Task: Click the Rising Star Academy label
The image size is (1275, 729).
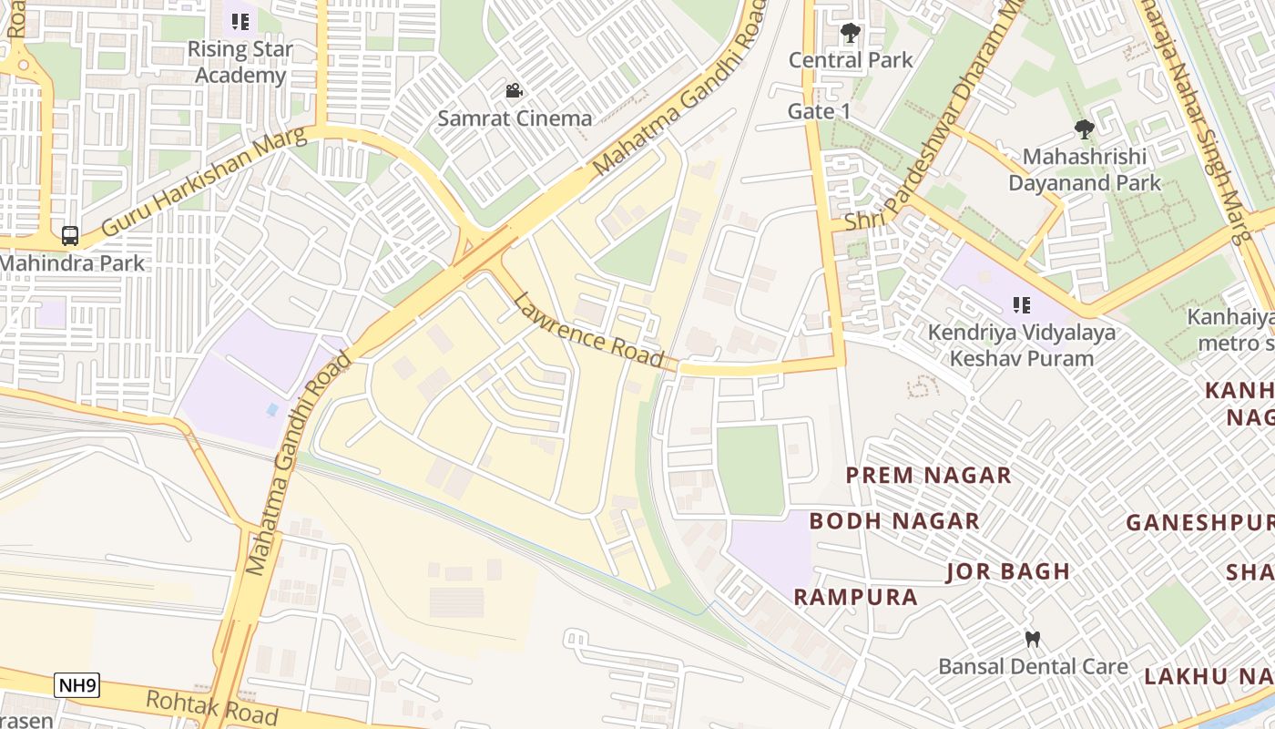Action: coord(240,62)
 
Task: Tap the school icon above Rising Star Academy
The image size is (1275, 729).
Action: coord(240,22)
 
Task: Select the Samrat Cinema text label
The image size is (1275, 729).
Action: coord(515,118)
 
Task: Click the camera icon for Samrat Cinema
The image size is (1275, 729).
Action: coord(515,90)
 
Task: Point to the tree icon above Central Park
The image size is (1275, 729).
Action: coord(851,34)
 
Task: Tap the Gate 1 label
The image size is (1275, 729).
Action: coord(819,111)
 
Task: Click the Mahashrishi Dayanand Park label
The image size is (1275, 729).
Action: coord(1084,169)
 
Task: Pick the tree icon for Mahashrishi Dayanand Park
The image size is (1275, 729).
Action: coord(1084,129)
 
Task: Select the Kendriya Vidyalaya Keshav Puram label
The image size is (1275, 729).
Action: coord(1021,345)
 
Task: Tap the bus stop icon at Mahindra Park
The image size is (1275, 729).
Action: coord(70,236)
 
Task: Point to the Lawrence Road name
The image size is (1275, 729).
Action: coord(588,331)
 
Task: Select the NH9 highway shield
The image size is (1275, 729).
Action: coord(76,685)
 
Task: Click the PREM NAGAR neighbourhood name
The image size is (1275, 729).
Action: coord(928,476)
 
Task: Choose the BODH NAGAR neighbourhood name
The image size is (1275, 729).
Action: coord(894,521)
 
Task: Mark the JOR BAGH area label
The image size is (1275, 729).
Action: coord(1008,572)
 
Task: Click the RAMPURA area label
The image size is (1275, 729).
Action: coord(855,597)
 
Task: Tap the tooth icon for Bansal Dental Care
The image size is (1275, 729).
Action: coord(1033,640)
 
